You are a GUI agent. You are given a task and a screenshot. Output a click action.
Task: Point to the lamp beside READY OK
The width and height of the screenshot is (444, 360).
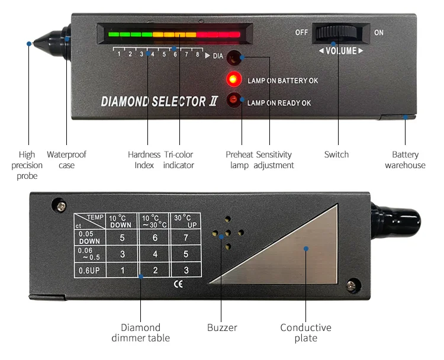pos(234,101)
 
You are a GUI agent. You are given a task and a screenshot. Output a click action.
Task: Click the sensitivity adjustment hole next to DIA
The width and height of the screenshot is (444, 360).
pos(234,57)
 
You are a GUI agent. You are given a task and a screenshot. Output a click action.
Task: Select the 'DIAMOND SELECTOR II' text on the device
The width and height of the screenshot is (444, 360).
pos(160,102)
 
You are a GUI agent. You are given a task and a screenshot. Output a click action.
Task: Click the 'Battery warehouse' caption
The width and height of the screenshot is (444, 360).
pos(405,160)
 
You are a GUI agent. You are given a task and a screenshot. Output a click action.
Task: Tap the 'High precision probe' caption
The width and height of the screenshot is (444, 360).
pos(27,165)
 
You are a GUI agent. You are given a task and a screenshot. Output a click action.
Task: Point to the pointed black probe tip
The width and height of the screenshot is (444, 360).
pos(34,43)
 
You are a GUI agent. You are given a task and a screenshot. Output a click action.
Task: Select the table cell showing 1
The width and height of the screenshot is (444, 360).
pos(122,271)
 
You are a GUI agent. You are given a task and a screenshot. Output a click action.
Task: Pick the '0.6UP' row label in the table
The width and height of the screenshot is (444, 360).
pos(89,271)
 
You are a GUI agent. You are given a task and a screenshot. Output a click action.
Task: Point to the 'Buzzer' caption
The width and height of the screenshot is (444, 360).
pos(222,327)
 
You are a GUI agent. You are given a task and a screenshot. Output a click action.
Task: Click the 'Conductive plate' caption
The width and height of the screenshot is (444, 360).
pos(305,333)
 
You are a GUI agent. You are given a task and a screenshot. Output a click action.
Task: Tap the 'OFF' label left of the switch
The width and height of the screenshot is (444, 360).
pos(301,33)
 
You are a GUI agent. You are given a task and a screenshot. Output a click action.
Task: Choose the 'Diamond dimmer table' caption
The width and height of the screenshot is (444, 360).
pos(141,333)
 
